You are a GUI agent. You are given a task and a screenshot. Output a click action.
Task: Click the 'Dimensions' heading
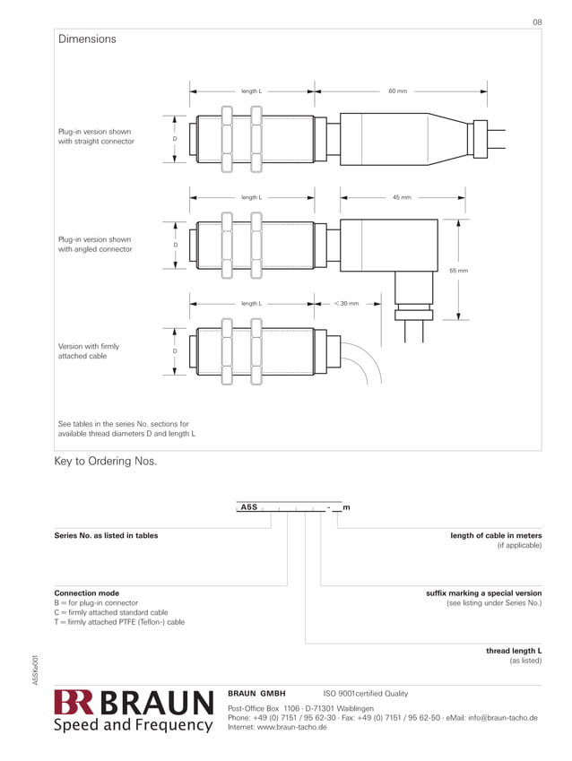[87, 39]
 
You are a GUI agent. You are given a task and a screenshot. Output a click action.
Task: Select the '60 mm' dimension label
[397, 91]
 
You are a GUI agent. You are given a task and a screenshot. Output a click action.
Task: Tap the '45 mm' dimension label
[402, 197]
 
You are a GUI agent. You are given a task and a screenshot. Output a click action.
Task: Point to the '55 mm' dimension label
[458, 271]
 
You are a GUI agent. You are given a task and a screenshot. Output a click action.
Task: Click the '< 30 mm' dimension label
[346, 303]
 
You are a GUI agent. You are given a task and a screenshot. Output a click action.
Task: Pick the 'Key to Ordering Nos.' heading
[106, 462]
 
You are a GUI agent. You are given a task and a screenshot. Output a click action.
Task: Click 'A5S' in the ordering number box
[249, 508]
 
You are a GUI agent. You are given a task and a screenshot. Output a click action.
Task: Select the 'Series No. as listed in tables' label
[106, 536]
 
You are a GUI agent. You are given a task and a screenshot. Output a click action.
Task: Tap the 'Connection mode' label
[87, 593]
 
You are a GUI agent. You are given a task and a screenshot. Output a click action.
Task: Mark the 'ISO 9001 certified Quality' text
[365, 694]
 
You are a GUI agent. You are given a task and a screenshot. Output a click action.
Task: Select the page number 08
[537, 21]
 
